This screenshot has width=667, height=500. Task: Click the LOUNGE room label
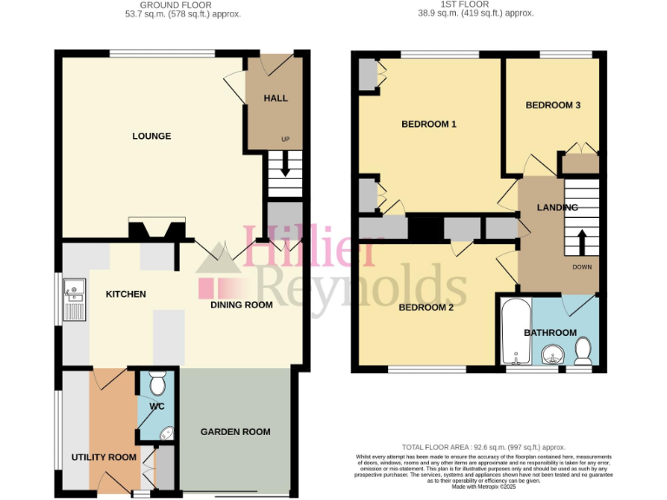[x=151, y=136]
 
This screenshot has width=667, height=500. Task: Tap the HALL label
[x=275, y=98]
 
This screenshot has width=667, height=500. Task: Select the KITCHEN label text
[x=126, y=294]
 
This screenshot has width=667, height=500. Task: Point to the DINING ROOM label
[x=242, y=305]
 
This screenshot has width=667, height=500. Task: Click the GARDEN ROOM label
[x=235, y=431]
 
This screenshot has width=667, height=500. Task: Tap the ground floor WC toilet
[x=157, y=383]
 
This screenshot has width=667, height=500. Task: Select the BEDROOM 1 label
[x=429, y=124]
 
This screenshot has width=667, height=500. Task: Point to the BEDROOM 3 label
[x=553, y=105]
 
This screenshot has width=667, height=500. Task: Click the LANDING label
[x=558, y=207]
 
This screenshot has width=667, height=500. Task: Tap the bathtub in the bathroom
[x=513, y=331]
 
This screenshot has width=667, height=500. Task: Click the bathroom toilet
[x=583, y=350]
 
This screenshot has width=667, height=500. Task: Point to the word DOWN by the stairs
[x=582, y=266]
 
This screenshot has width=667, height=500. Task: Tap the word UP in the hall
[x=285, y=139]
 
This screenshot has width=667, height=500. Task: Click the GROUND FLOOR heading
[x=183, y=4]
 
